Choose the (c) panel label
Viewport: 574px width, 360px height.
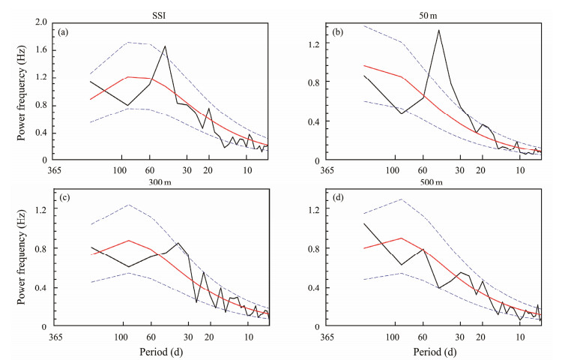pos(64,198)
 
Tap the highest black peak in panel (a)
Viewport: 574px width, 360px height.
pos(165,46)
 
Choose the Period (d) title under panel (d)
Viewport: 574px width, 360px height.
pos(434,351)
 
